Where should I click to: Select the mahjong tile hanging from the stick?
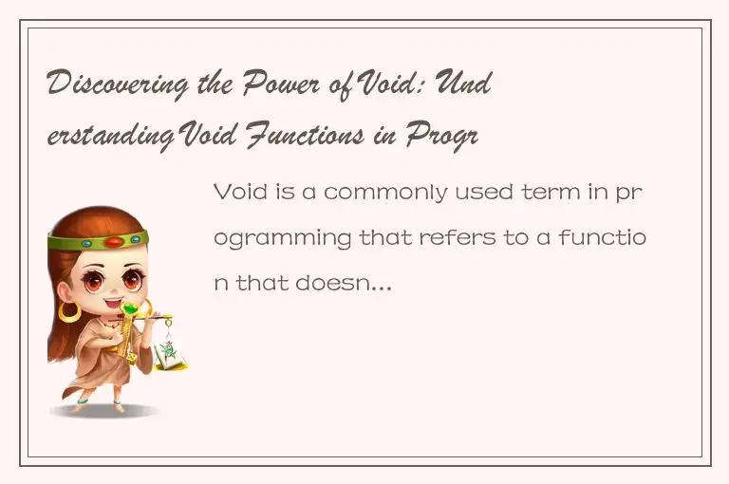tap(172, 356)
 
